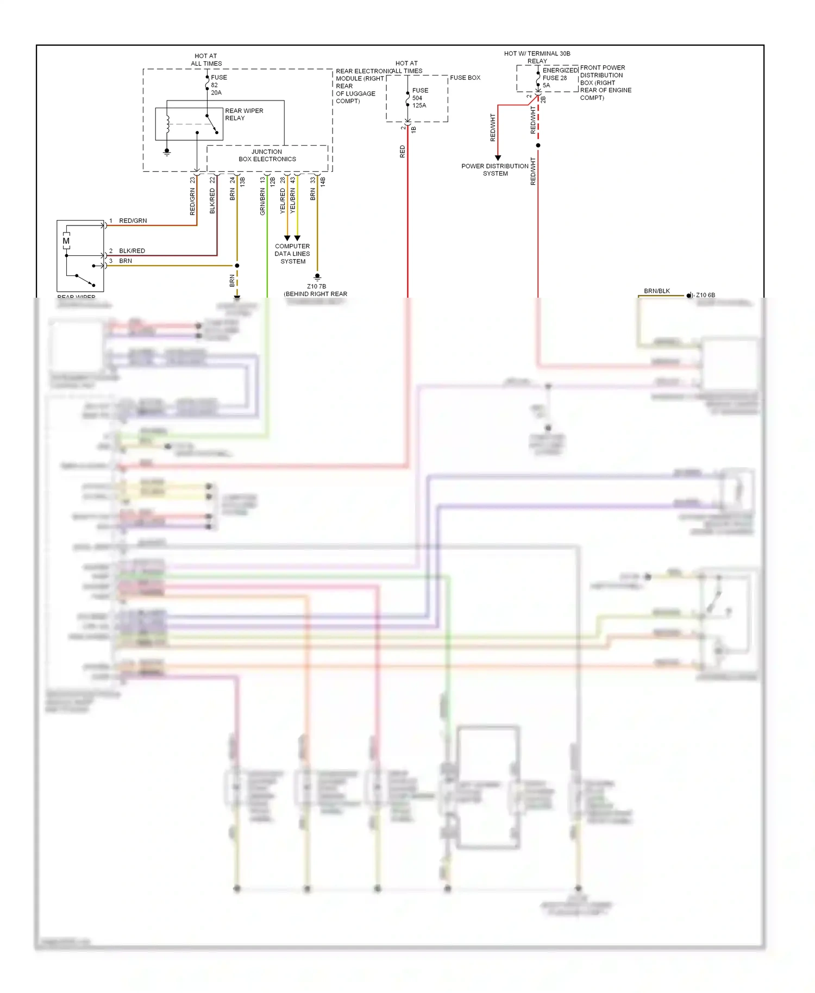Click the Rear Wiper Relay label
tap(243, 114)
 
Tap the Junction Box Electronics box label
tap(267, 155)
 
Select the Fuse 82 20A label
tap(218, 85)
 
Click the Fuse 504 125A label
tap(419, 98)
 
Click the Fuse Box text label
tap(465, 78)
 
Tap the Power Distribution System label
tap(494, 169)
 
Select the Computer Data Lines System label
tap(292, 254)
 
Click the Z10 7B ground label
tap(316, 286)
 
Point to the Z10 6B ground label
tap(705, 295)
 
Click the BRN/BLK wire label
tap(656, 291)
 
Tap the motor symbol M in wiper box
tap(66, 241)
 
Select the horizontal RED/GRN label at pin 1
tap(133, 221)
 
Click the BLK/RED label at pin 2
tap(131, 251)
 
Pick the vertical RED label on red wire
tap(403, 151)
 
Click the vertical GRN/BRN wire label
tap(262, 202)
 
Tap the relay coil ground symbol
tap(167, 152)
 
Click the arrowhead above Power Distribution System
tap(498, 158)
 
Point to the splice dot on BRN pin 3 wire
tap(237, 266)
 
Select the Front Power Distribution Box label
tap(605, 83)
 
